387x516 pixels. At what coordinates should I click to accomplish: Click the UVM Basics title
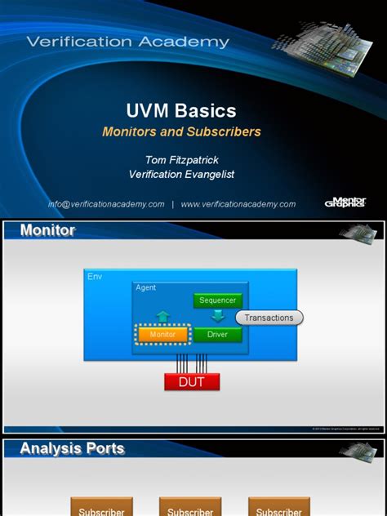pyautogui.click(x=193, y=110)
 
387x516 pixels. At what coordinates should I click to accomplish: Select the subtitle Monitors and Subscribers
pyautogui.click(x=193, y=131)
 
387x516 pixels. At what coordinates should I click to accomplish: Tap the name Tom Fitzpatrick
pyautogui.click(x=193, y=159)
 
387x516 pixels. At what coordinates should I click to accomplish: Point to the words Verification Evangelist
pyautogui.click(x=193, y=174)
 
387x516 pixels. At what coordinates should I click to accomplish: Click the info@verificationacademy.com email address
pyautogui.click(x=106, y=204)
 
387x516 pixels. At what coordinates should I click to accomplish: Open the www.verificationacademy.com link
pyautogui.click(x=238, y=204)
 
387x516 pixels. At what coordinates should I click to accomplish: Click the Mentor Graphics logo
pyautogui.click(x=345, y=202)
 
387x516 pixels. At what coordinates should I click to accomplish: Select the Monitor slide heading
pyautogui.click(x=47, y=230)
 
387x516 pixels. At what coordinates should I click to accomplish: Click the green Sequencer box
pyautogui.click(x=217, y=300)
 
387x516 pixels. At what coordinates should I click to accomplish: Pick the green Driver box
pyautogui.click(x=217, y=335)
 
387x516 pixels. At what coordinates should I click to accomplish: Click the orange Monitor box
pyautogui.click(x=162, y=335)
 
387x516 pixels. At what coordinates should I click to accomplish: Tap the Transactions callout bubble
pyautogui.click(x=269, y=318)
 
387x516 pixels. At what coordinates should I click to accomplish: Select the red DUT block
pyautogui.click(x=192, y=381)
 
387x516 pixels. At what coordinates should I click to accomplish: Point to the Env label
pyautogui.click(x=95, y=277)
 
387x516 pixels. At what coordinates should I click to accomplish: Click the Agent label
pyautogui.click(x=146, y=287)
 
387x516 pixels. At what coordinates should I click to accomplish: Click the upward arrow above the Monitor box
pyautogui.click(x=162, y=316)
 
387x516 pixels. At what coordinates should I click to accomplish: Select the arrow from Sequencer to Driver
pyautogui.click(x=217, y=317)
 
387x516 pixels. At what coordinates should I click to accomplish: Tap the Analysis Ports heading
pyautogui.click(x=72, y=448)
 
